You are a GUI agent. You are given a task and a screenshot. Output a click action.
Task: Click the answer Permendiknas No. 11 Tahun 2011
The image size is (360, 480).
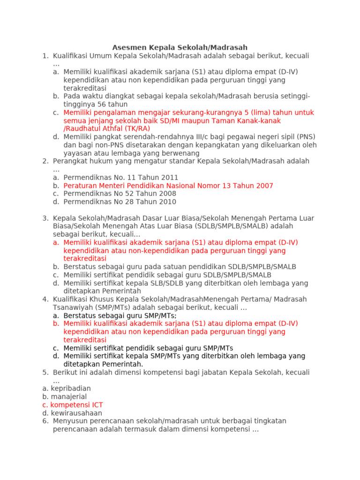click(x=121, y=177)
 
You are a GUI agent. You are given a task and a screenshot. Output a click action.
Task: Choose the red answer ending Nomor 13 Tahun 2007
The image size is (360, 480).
click(x=168, y=186)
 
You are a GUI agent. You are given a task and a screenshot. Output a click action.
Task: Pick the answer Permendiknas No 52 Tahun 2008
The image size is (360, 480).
click(x=120, y=194)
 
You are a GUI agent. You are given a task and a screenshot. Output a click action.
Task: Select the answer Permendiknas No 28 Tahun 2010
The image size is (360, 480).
click(x=120, y=202)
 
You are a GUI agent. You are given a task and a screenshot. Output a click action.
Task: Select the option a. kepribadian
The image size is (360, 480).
click(x=67, y=389)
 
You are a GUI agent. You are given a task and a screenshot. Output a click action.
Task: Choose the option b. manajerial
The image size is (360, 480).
click(x=65, y=397)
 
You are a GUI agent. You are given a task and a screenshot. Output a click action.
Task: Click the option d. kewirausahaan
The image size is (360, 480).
click(x=72, y=413)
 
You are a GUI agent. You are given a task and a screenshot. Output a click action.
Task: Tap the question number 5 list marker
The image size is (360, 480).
click(x=45, y=373)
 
